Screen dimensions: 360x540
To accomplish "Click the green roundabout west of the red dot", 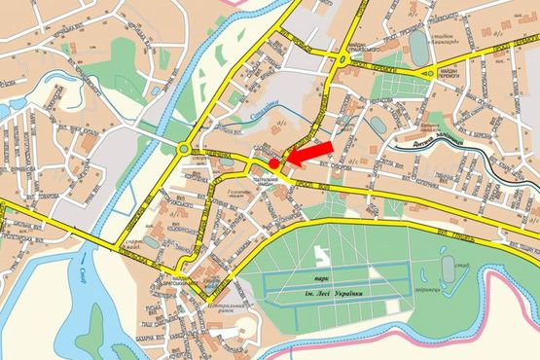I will point(184,148).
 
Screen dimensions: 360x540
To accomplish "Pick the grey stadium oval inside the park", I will point(447,266).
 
